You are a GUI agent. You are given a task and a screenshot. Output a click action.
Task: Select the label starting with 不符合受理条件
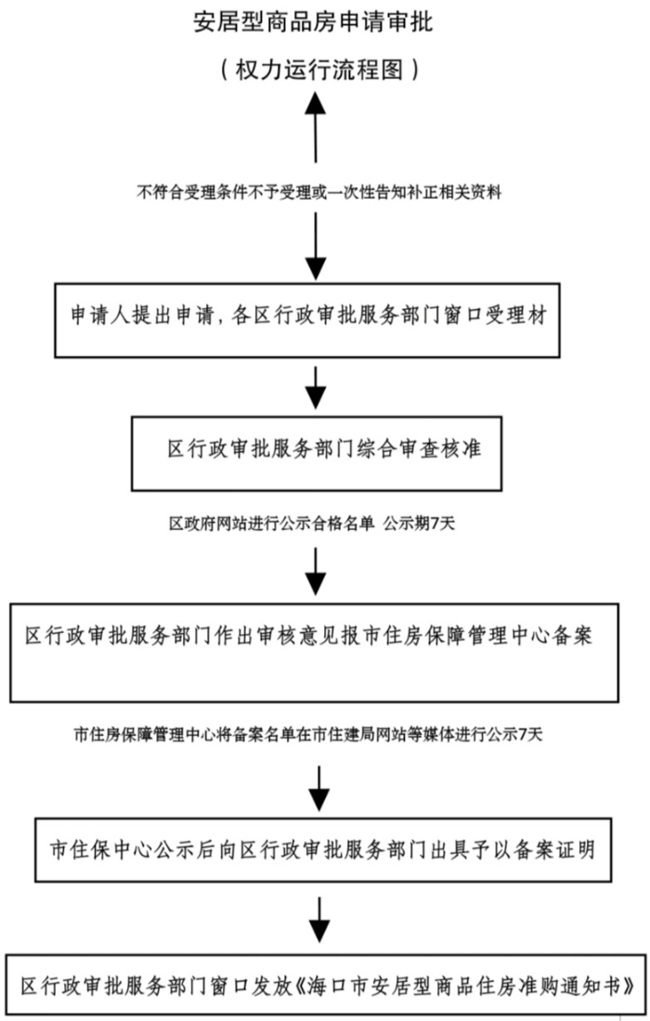[319, 193]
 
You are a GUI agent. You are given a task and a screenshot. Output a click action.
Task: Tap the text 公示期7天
[418, 523]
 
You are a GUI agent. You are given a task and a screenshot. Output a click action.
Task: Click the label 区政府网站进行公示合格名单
[269, 523]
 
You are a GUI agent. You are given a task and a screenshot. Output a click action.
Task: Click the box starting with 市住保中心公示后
[323, 848]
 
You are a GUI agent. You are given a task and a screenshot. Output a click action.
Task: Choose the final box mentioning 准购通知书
[324, 985]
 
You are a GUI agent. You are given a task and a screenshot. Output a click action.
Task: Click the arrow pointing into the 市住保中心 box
[319, 787]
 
